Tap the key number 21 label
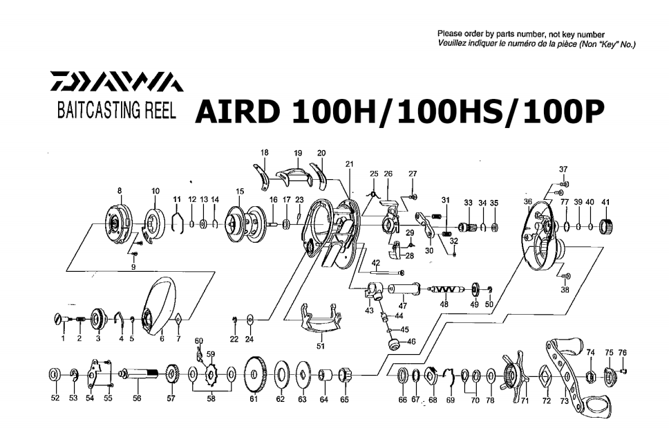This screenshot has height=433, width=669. click(349, 164)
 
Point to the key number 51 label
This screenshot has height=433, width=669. click(320, 347)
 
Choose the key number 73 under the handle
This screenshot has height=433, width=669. click(565, 400)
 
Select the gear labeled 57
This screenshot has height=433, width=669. click(171, 376)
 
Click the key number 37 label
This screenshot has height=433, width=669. click(563, 169)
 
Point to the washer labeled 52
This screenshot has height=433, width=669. click(55, 375)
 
